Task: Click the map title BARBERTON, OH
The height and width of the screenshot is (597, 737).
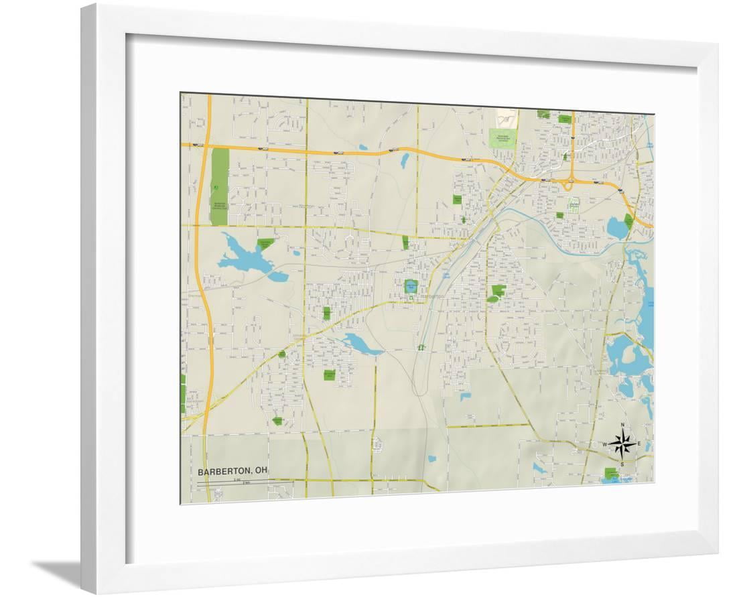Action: click(x=232, y=471)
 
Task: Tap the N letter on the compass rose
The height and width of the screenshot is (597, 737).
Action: click(x=622, y=426)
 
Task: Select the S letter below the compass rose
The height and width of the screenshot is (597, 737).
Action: click(x=622, y=464)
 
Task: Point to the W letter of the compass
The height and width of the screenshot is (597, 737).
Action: click(x=604, y=445)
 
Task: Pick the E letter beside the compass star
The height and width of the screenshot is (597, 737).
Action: click(x=639, y=444)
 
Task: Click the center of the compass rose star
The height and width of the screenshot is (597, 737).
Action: click(x=622, y=444)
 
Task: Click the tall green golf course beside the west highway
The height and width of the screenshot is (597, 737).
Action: click(x=219, y=177)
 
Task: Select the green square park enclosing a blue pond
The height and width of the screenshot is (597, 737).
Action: click(x=411, y=287)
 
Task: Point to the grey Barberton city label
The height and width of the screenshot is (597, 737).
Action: click(x=431, y=295)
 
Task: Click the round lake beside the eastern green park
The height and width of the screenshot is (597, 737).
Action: click(x=616, y=228)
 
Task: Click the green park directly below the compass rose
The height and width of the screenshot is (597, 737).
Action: click(x=611, y=473)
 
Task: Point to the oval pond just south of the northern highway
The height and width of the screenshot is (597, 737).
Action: click(x=405, y=161)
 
